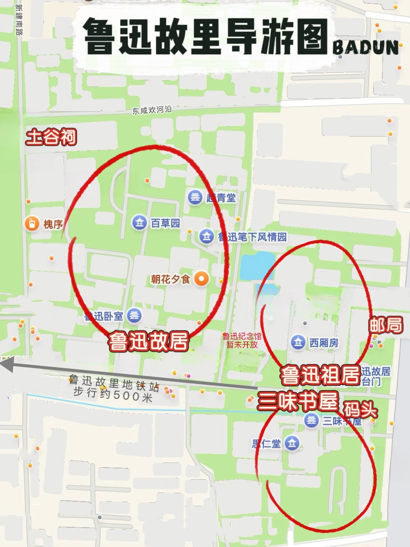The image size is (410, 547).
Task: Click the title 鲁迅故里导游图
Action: click(x=205, y=37)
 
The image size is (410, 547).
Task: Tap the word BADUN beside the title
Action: click(x=365, y=48)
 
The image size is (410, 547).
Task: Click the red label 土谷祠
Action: click(x=51, y=137)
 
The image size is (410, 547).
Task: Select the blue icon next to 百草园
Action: click(x=139, y=222)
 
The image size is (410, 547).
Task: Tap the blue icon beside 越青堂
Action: click(x=195, y=197)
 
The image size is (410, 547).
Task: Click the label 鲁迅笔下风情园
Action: click(x=252, y=237)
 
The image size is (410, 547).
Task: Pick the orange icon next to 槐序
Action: click(x=32, y=224)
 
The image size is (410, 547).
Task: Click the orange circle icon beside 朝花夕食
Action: click(x=202, y=279)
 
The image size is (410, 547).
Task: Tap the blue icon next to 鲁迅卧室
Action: click(x=134, y=315)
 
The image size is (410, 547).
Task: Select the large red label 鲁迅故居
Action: click(x=148, y=341)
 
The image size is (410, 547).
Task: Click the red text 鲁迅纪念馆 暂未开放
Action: click(x=242, y=340)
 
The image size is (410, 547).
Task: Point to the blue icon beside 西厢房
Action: click(x=298, y=342)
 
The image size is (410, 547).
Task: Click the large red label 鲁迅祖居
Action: click(x=320, y=375)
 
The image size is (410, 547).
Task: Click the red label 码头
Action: click(x=360, y=409)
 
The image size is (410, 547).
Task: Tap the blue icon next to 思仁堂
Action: click(x=292, y=443)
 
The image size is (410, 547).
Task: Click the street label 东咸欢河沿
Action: click(x=152, y=110)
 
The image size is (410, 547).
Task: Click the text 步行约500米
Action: click(x=113, y=394)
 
